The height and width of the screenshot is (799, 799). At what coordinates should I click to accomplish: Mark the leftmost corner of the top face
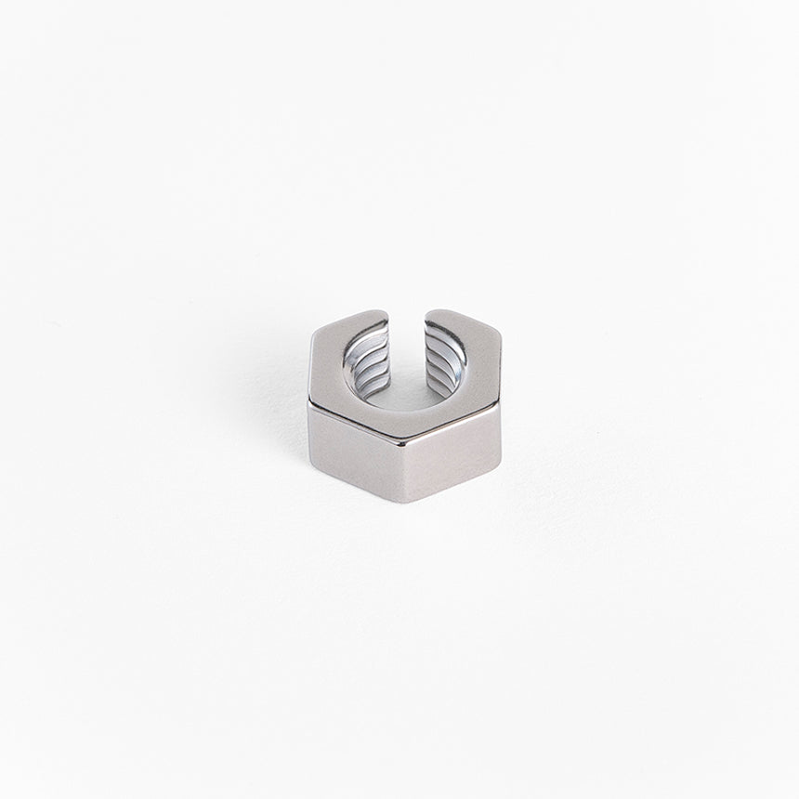click(x=308, y=352)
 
